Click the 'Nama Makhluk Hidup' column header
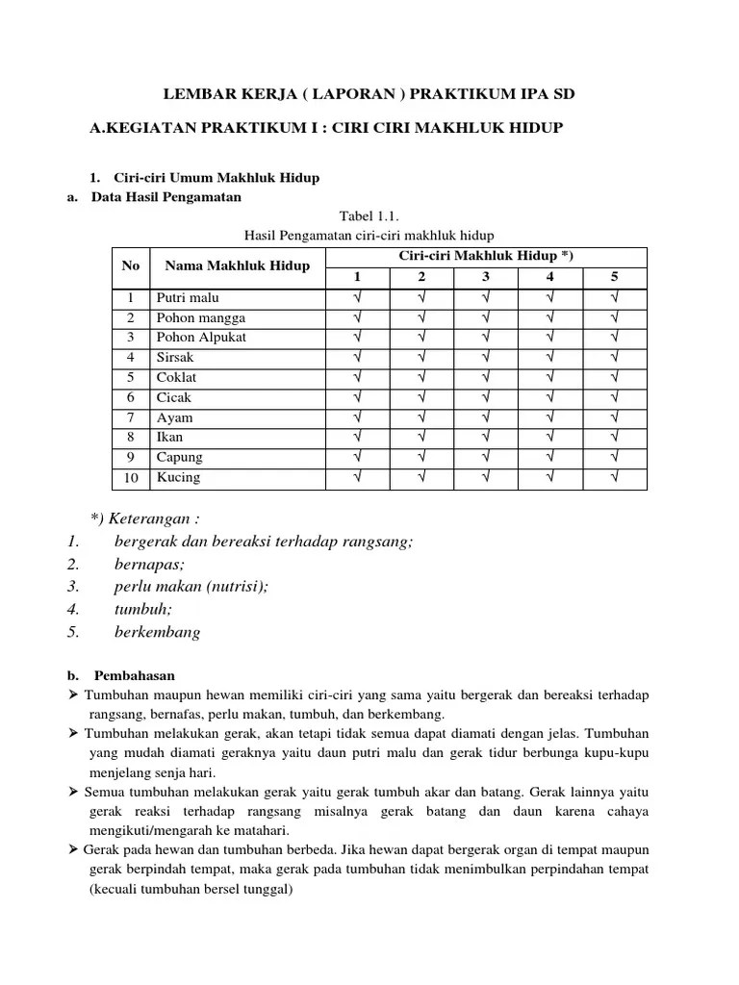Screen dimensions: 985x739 coord(237,265)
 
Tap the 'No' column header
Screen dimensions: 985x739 coord(131,265)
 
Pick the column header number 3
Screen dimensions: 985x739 coord(486,277)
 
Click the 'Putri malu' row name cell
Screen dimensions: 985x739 coord(189,297)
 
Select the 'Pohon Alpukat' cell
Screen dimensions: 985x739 coord(201,338)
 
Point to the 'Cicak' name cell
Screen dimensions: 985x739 coord(175,397)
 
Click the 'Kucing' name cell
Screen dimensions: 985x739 coord(179,477)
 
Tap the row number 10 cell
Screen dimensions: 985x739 coord(131,477)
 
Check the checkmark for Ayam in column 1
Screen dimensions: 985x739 coord(358,417)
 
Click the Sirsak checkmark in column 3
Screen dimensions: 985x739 coord(486,357)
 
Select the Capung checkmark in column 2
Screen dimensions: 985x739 coord(421,457)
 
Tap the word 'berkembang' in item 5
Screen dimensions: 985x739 coord(158,632)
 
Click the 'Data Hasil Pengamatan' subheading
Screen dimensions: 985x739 coord(167,197)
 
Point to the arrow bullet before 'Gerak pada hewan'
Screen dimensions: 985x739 coord(75,851)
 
